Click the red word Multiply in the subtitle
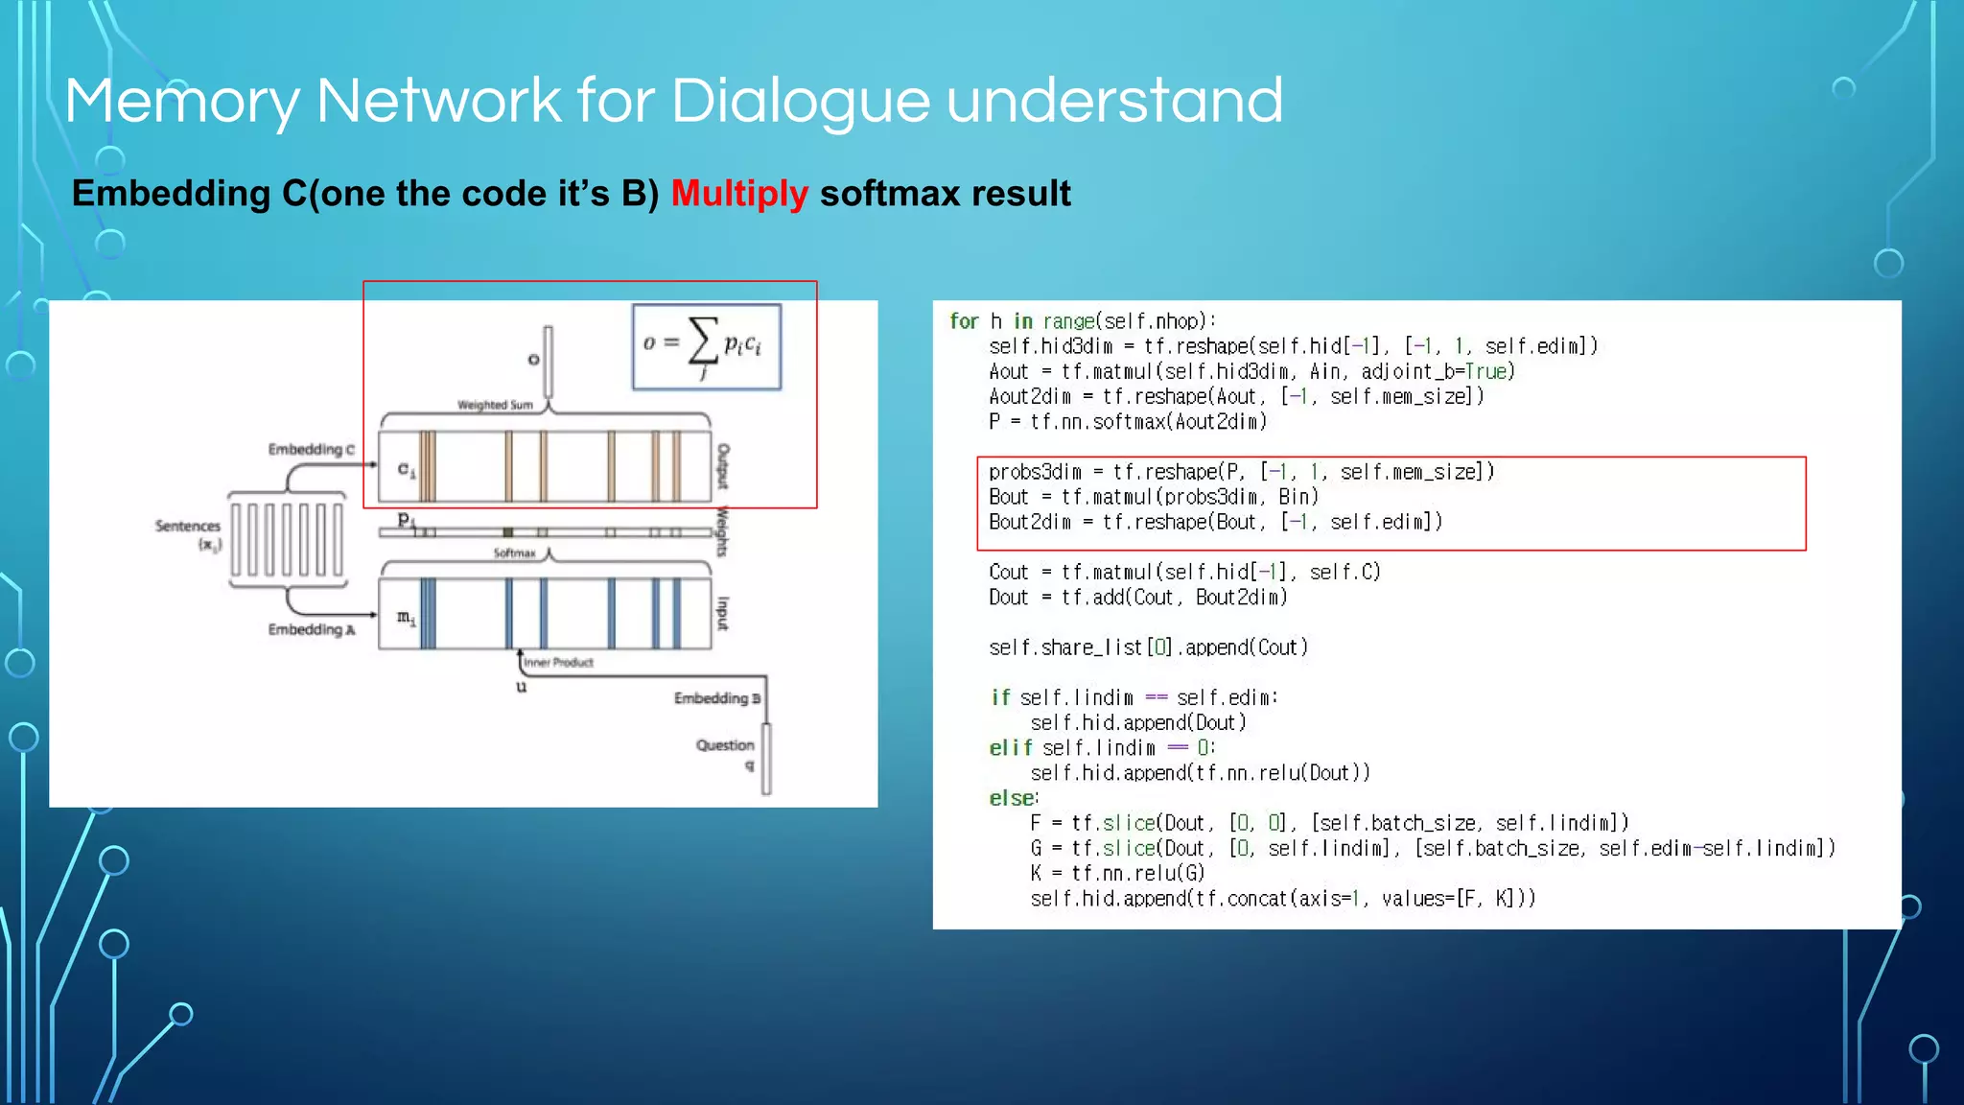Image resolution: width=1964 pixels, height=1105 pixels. click(x=739, y=194)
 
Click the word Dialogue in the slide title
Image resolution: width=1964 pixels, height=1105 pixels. click(x=800, y=101)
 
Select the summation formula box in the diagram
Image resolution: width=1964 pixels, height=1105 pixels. click(x=707, y=347)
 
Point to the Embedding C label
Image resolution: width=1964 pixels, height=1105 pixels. click(x=311, y=449)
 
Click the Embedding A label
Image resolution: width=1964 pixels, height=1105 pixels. click(x=311, y=629)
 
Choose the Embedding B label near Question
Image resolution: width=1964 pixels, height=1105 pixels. click(x=716, y=698)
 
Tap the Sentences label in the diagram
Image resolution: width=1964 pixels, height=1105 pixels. click(x=188, y=526)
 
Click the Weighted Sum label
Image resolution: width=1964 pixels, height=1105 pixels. click(x=495, y=405)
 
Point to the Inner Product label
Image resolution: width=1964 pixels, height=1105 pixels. click(x=558, y=662)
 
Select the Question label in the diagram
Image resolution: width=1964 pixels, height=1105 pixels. click(x=725, y=745)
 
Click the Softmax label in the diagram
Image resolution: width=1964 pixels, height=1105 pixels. click(x=514, y=553)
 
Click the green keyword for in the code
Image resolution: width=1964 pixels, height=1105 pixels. click(x=964, y=321)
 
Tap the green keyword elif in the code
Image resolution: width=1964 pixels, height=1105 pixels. click(x=1011, y=747)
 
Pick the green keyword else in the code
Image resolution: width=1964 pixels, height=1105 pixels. click(x=1012, y=798)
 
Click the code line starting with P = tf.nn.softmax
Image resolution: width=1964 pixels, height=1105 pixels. click(x=1128, y=421)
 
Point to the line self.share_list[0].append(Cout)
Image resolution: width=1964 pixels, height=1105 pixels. click(x=1148, y=647)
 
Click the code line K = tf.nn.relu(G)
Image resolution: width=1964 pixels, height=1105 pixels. click(x=1117, y=873)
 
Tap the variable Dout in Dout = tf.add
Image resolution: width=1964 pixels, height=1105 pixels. click(x=1008, y=598)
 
